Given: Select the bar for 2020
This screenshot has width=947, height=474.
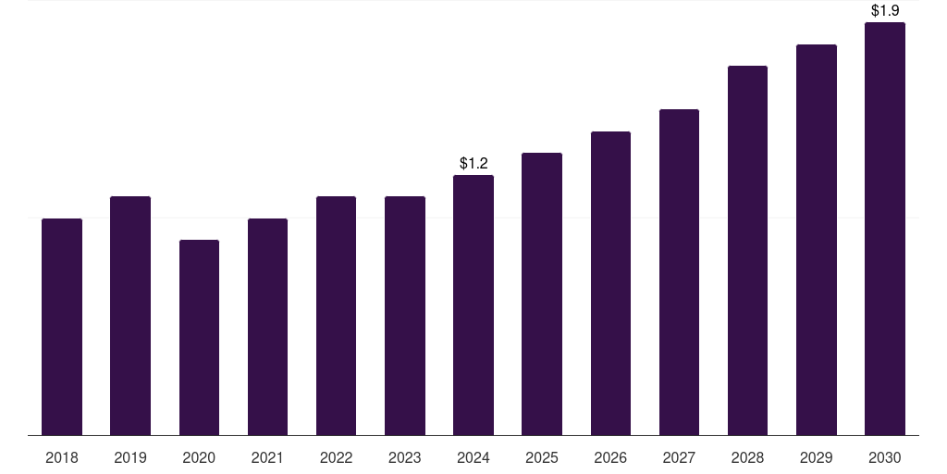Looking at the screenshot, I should click(199, 338).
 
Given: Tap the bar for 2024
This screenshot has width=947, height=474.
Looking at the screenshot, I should click(473, 306).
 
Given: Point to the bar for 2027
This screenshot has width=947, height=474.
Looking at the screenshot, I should click(679, 272).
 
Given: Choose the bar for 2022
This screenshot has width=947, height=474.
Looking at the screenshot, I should click(336, 316).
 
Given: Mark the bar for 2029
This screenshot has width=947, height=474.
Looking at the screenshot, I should click(817, 240).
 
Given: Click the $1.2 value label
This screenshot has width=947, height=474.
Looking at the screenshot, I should click(473, 164).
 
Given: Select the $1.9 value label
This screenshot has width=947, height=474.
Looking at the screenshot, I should click(885, 10).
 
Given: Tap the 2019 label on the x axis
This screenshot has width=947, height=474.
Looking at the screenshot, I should click(130, 457).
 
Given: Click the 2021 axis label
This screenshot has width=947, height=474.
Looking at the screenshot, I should click(267, 457).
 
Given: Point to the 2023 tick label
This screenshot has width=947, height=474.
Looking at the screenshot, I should click(405, 457).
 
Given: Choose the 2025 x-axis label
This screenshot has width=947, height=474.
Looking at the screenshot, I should click(542, 457).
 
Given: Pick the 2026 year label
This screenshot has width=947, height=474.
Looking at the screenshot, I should click(610, 457).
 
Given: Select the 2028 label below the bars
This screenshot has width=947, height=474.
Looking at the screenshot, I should click(747, 457).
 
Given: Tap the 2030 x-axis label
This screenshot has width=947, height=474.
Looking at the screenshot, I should click(885, 457).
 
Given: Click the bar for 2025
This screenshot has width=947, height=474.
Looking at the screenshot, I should click(542, 294).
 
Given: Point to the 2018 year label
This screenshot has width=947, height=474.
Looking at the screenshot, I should click(62, 457).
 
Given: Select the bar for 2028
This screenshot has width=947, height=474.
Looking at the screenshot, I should click(747, 251).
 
